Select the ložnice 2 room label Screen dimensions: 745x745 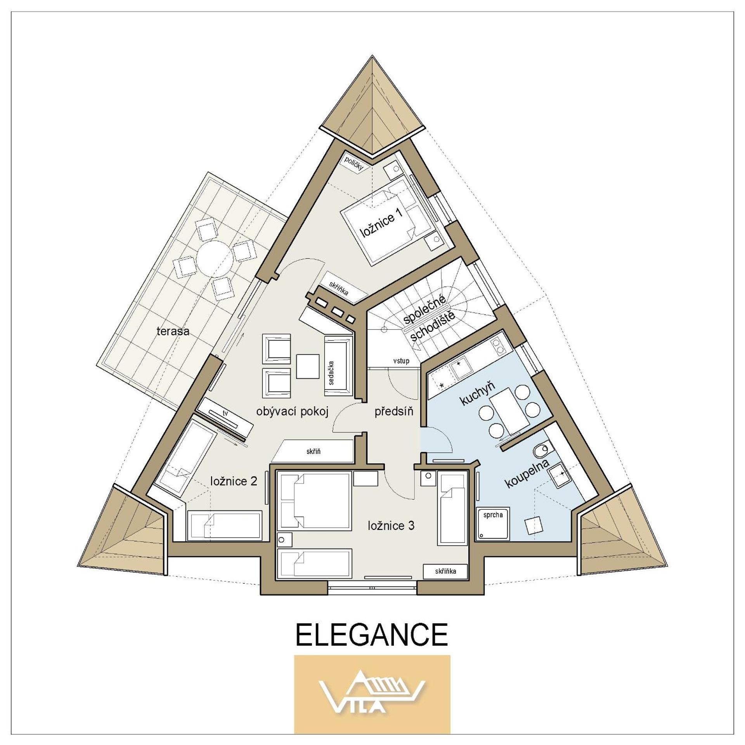point(234,482)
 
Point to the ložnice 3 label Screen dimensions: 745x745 point(391,526)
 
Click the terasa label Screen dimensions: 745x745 point(173,331)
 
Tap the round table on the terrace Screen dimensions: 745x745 point(214,257)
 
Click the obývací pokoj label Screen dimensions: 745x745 point(293,411)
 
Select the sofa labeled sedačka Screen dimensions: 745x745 point(338,366)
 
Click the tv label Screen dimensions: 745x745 point(225,413)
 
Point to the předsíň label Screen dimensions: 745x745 point(394,411)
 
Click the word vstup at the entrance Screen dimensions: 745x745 point(401,361)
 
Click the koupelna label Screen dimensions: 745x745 point(528,474)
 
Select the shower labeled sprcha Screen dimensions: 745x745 point(493,524)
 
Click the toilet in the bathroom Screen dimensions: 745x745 point(541,451)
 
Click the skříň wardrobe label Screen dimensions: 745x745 point(313,452)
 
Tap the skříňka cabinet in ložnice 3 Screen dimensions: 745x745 point(445,571)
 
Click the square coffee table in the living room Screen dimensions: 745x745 point(308,366)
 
